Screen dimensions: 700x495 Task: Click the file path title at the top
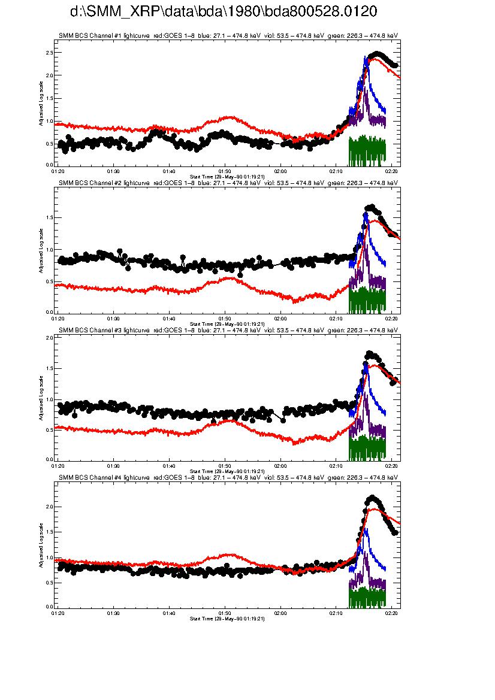[x=224, y=12]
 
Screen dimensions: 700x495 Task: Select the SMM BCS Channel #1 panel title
[x=228, y=36]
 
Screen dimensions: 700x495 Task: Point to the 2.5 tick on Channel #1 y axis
[x=50, y=53]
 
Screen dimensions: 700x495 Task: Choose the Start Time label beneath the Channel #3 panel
[x=227, y=472]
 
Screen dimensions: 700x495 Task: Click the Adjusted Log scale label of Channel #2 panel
[x=41, y=250]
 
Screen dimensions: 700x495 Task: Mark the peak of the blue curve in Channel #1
[x=366, y=57]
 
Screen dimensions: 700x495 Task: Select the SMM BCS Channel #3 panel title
[x=228, y=330]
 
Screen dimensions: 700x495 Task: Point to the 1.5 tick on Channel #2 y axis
[x=50, y=218]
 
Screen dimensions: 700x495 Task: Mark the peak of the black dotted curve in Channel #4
[x=372, y=497]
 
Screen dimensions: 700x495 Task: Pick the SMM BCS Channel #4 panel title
[x=228, y=478]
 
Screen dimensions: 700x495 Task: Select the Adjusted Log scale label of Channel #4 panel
[x=41, y=546]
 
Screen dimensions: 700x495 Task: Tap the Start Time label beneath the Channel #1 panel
[x=227, y=177]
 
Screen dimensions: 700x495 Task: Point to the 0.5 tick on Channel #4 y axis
[x=50, y=583]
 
